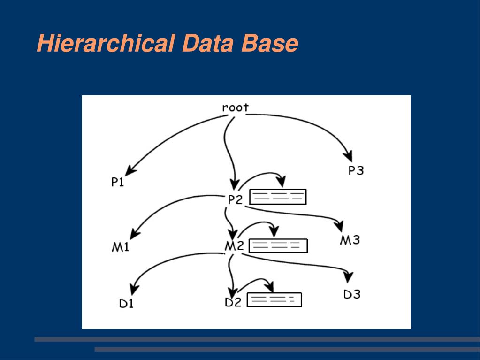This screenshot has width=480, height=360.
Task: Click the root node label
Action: pyautogui.click(x=235, y=107)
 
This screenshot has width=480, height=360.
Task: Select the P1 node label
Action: pyautogui.click(x=118, y=182)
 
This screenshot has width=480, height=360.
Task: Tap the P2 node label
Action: pyautogui.click(x=235, y=199)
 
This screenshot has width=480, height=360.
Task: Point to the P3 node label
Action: pyautogui.click(x=356, y=170)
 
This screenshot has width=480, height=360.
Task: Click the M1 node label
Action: pyautogui.click(x=120, y=247)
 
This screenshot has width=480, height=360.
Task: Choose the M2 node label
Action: pyautogui.click(x=234, y=246)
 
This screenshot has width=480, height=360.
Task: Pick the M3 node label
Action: pyautogui.click(x=350, y=240)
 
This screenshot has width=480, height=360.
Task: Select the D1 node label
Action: pyautogui.click(x=126, y=303)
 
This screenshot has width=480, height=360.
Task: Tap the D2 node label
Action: pyautogui.click(x=233, y=302)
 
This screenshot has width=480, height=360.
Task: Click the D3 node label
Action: pyautogui.click(x=352, y=294)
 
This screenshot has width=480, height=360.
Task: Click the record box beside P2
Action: pyautogui.click(x=278, y=197)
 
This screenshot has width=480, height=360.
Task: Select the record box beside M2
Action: pyautogui.click(x=278, y=245)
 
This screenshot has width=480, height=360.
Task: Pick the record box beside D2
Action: pyautogui.click(x=274, y=300)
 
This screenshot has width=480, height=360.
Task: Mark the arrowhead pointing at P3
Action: pyautogui.click(x=348, y=156)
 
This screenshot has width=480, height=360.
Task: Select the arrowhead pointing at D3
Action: pyautogui.click(x=348, y=277)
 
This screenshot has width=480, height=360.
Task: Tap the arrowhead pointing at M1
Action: pyautogui.click(x=135, y=234)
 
